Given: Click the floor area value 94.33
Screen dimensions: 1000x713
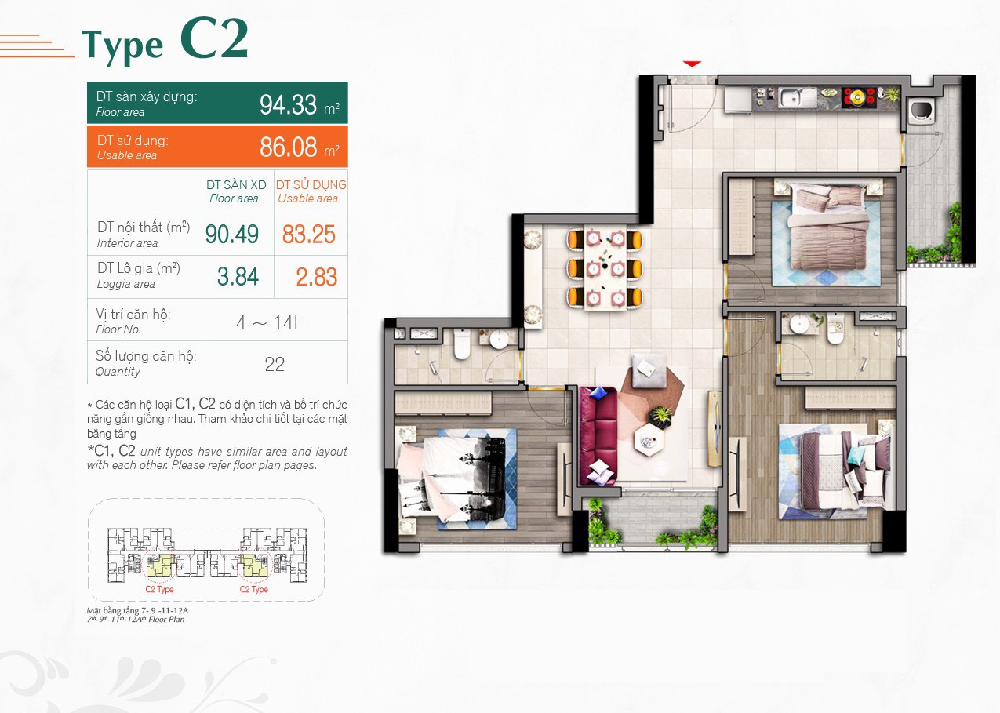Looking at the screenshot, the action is tap(288, 104).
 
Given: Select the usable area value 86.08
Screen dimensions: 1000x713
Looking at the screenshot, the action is tap(288, 147).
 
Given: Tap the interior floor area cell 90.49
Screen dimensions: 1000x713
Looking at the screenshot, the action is tap(231, 234).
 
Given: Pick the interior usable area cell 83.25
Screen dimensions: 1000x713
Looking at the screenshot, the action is tap(308, 234).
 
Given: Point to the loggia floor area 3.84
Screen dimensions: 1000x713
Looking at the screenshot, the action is tap(238, 276).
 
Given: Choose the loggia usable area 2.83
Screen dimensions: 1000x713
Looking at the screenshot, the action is tap(316, 277).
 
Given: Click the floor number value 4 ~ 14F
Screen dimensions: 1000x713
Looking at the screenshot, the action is tap(270, 322).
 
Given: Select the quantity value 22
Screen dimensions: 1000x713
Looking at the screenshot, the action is tap(274, 364).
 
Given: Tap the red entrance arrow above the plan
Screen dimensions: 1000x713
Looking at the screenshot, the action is tap(692, 64).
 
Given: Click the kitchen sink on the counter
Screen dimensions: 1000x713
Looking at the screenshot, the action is tap(797, 98).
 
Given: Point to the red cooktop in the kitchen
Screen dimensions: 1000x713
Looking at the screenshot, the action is tap(857, 97).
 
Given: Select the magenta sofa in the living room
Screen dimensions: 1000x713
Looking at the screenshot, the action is tap(598, 436).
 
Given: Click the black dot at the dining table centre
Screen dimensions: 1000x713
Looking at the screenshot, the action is tap(605, 266).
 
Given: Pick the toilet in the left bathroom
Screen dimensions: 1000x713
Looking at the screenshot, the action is tap(461, 344).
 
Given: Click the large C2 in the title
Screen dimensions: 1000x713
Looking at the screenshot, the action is tap(214, 38).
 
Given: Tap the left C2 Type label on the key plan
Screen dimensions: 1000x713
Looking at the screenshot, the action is tap(159, 589).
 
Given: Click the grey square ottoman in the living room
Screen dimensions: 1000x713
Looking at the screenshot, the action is tap(648, 370).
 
